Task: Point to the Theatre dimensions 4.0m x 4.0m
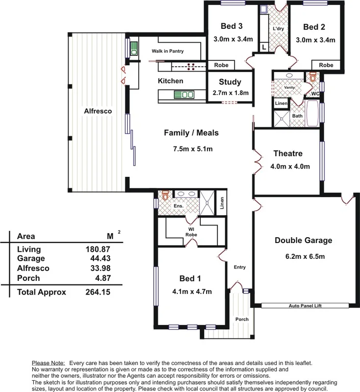pos(290,166)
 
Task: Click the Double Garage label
pos(303,240)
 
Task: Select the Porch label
pos(241,319)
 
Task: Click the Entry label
pos(240,267)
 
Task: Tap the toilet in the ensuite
pos(165,196)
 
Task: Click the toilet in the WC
pos(312,77)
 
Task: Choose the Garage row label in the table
pos(30,258)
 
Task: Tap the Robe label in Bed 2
pos(326,65)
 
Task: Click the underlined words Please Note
pos(48,363)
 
